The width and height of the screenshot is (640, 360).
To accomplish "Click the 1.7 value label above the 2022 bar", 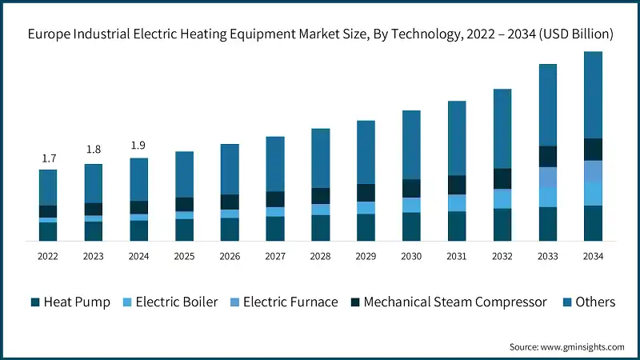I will pos(48,158).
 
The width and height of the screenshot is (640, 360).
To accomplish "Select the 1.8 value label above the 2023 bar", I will pos(94,150).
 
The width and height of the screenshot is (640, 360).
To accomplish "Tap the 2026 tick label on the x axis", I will pos(230,256).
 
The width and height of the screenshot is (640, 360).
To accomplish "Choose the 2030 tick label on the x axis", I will pos(411,256).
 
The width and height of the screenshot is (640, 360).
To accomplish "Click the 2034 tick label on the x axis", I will pos(593,256).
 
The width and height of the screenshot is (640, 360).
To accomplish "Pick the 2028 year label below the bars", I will pos(321,256).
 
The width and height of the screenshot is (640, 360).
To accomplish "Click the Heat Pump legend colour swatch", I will pos(34,302).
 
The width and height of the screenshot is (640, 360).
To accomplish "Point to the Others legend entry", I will pos(589,302).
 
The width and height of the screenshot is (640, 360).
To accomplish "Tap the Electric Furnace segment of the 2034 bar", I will pos(593,171).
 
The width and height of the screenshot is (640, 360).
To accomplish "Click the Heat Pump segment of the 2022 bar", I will pos(48,231).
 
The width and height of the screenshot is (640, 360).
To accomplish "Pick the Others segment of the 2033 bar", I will pos(547,105).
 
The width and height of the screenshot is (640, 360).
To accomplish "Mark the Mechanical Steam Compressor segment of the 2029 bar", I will pos(366,193).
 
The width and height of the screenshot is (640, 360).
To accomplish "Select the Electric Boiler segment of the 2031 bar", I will pos(457,203).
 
